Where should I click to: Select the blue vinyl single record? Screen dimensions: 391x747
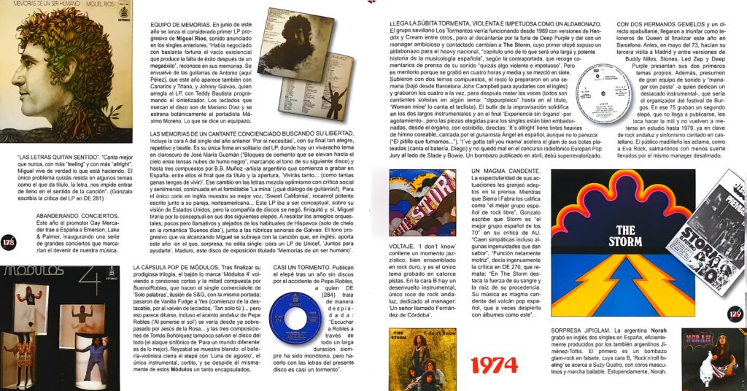295,319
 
